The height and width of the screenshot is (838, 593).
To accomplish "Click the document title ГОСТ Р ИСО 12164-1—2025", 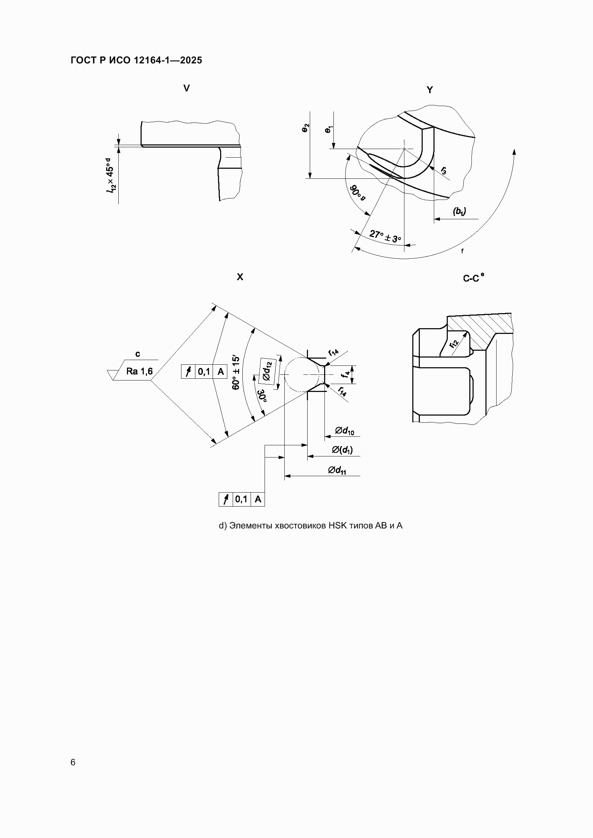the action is (136, 60).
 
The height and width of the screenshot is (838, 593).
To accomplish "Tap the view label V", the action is (186, 88).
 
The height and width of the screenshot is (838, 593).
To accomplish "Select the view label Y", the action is (430, 90).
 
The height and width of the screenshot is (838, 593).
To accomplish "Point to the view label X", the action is (240, 277).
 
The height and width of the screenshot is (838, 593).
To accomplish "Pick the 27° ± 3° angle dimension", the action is (385, 236).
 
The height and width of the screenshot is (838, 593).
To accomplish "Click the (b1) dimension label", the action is (459, 211).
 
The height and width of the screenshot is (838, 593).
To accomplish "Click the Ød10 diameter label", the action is (344, 431).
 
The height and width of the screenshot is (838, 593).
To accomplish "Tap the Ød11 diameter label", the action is (337, 471).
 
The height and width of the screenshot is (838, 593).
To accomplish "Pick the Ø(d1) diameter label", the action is (342, 450).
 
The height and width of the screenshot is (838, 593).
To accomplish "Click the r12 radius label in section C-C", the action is (454, 343).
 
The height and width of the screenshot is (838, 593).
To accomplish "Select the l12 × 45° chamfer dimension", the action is (110, 175).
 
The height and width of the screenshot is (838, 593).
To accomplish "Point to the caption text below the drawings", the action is (311, 526).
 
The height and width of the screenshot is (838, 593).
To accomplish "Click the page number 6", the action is (73, 762).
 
